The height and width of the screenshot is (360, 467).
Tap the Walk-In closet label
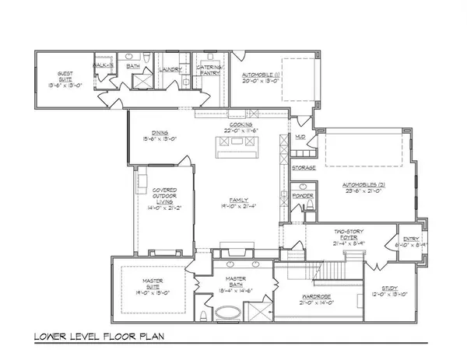tap(104, 65)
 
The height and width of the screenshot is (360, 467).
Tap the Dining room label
tap(155, 134)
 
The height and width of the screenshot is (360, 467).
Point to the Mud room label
tap(299, 136)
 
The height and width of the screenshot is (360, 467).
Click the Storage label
tap(303, 167)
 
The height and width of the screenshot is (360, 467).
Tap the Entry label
tap(407, 238)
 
